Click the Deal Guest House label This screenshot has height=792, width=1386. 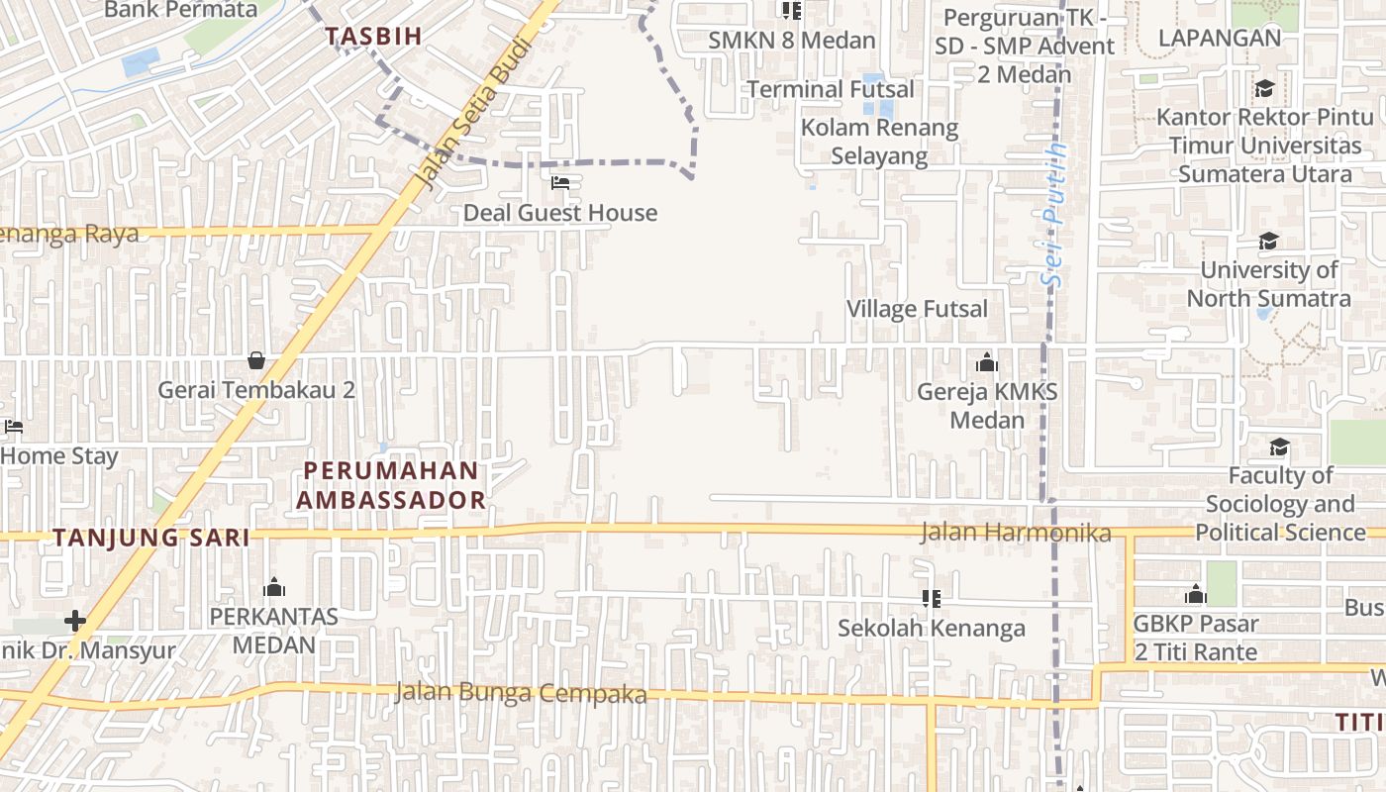[x=560, y=213]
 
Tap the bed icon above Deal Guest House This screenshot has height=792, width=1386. [x=560, y=183]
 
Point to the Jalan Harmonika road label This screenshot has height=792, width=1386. [x=1016, y=533]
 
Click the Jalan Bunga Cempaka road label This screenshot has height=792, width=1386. [x=521, y=693]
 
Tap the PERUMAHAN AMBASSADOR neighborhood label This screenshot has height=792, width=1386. [x=391, y=485]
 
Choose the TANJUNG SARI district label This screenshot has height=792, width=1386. [x=150, y=538]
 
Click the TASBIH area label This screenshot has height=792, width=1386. [x=374, y=36]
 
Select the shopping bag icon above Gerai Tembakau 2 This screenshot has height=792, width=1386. [x=256, y=360]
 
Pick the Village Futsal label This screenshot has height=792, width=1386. [x=917, y=309]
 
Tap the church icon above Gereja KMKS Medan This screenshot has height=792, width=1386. [x=986, y=362]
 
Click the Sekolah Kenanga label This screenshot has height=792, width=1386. [x=932, y=628]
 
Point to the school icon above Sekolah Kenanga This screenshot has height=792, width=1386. [x=931, y=598]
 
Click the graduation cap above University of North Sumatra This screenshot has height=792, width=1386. [x=1268, y=241]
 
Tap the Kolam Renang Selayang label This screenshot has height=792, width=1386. [x=879, y=142]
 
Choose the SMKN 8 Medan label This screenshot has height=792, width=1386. [x=792, y=41]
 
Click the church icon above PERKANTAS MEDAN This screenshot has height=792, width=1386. [x=274, y=587]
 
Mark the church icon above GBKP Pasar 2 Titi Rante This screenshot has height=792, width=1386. [x=1196, y=594]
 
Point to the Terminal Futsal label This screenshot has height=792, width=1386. [x=831, y=89]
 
